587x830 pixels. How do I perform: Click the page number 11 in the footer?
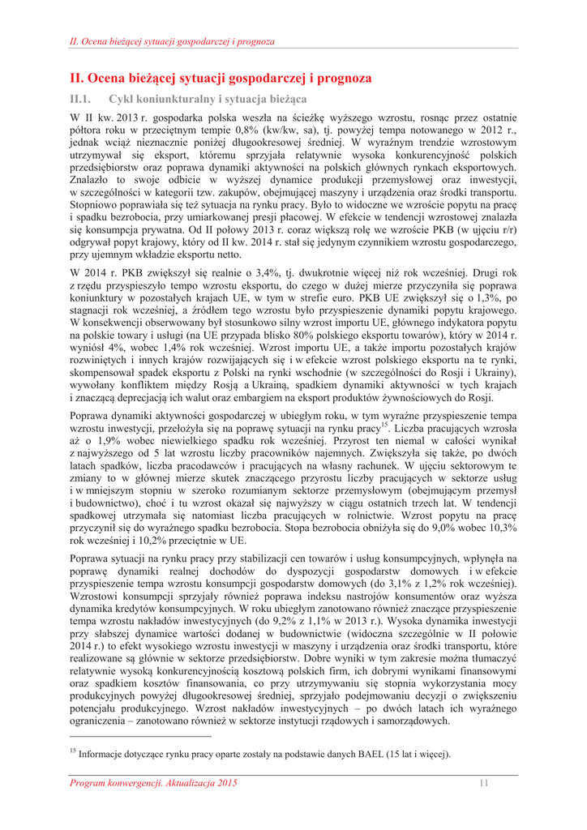coord(484,782)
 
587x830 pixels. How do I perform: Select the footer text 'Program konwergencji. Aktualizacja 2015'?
coord(154,782)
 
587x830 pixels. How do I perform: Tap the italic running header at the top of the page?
coord(172,41)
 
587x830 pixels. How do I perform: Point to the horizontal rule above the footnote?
coord(140,737)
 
